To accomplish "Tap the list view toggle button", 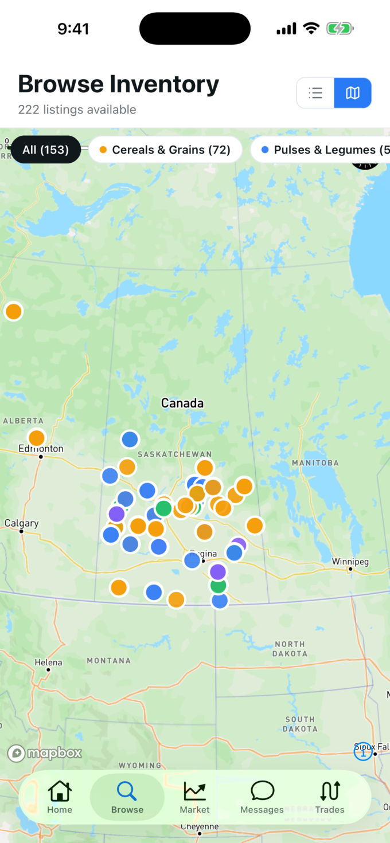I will coord(315,93).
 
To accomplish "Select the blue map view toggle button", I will coord(353,93).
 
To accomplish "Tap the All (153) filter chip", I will coord(46,150).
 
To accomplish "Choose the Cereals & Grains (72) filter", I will coord(165,150).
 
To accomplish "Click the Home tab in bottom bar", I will coord(60,797).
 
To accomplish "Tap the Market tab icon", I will coord(194,791).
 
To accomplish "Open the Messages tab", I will coord(262,797).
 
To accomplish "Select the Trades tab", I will coord(330,797).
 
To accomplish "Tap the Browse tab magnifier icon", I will coord(127,791).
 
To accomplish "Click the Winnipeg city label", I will coord(350,562).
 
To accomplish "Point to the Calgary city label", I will coord(21,523).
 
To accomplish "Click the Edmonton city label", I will coord(41,449).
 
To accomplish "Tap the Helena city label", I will coord(48,662).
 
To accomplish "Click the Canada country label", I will coord(182,403).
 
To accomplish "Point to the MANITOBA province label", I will coord(315,462).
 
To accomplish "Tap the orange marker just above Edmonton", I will coord(37,438).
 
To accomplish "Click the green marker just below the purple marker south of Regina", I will coord(218,586).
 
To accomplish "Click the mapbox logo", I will coord(45,753).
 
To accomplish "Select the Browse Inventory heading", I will coord(118,84).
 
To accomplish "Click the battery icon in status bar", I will coord(340,29).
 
